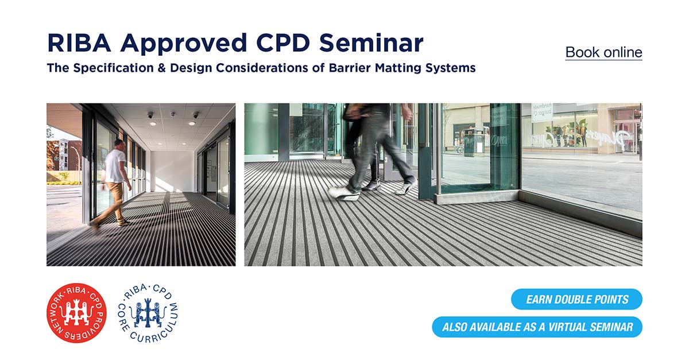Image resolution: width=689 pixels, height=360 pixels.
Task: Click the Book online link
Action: [603, 52]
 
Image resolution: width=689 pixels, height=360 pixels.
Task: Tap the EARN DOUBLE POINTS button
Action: [576, 299]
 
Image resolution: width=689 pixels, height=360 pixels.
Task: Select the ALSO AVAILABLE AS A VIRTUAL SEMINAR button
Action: [537, 327]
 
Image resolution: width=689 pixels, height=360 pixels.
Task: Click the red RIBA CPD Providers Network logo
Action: [76, 313]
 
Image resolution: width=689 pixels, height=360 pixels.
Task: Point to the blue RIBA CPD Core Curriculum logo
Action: [148, 313]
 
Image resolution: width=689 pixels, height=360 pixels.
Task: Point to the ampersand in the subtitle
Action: [162, 68]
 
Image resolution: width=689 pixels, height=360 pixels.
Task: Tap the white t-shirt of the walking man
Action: [115, 166]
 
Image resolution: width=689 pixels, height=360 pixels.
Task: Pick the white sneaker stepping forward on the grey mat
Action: [344, 194]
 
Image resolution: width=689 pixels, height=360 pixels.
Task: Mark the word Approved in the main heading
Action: [184, 44]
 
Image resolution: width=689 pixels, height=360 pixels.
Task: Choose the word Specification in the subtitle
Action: [114, 68]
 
